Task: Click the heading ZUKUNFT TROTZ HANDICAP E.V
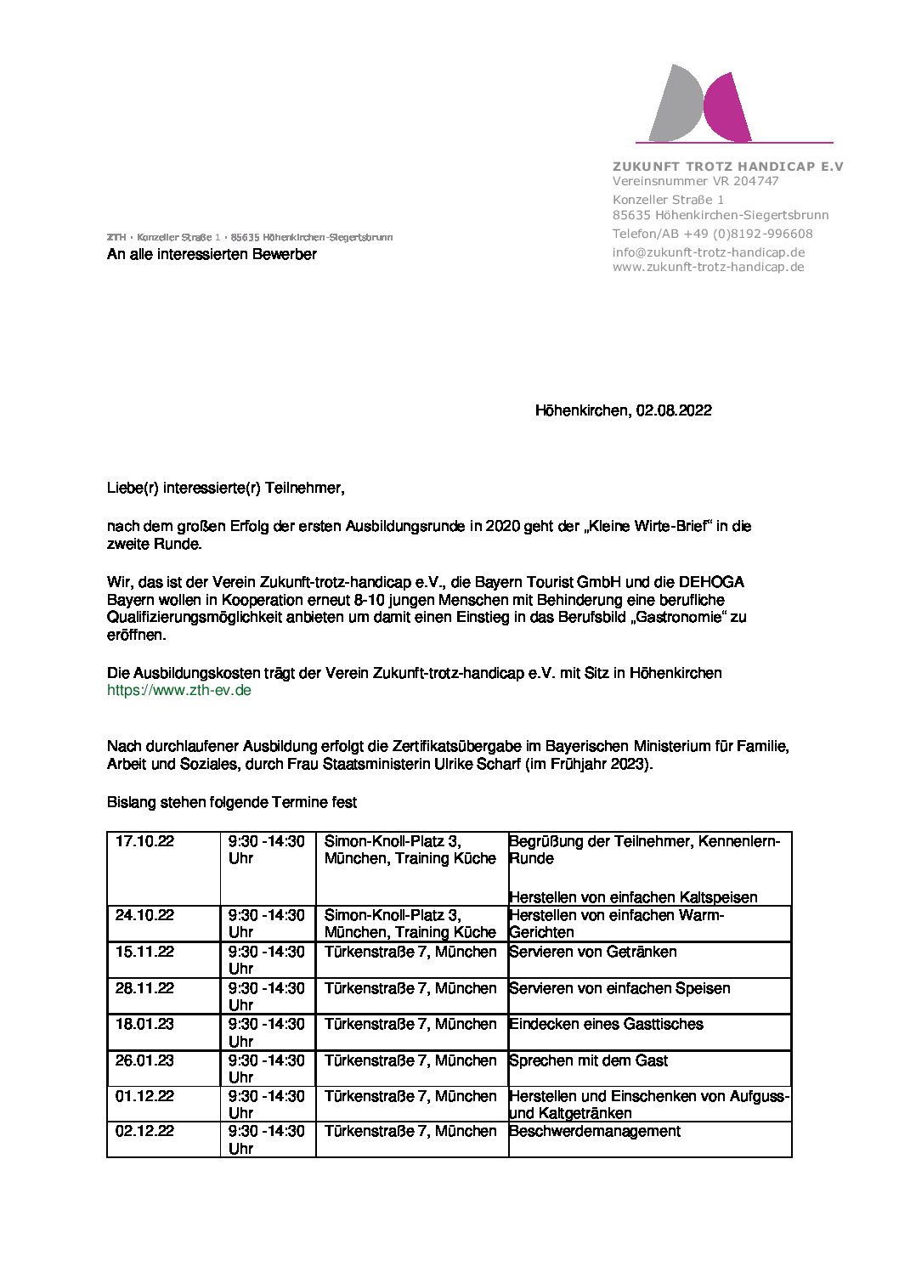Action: click(x=728, y=167)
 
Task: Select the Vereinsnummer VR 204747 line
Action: click(x=695, y=181)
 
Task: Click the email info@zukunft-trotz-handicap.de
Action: click(x=708, y=252)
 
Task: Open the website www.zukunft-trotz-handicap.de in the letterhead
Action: click(x=708, y=267)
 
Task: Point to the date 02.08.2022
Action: click(x=674, y=410)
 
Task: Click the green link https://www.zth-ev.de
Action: click(x=179, y=690)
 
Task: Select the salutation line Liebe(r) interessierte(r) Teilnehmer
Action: click(x=225, y=488)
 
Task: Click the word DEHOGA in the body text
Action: click(x=710, y=582)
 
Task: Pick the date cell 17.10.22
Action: click(x=144, y=841)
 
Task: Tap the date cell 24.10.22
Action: click(x=144, y=915)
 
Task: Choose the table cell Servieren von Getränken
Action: click(x=592, y=952)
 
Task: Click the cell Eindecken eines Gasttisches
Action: click(x=606, y=1024)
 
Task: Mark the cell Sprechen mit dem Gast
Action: click(x=588, y=1060)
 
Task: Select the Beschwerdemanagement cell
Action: click(x=595, y=1131)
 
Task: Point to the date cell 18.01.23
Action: click(x=144, y=1024)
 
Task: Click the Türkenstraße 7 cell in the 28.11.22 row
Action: click(x=410, y=988)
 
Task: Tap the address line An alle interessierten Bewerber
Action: click(x=212, y=254)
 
